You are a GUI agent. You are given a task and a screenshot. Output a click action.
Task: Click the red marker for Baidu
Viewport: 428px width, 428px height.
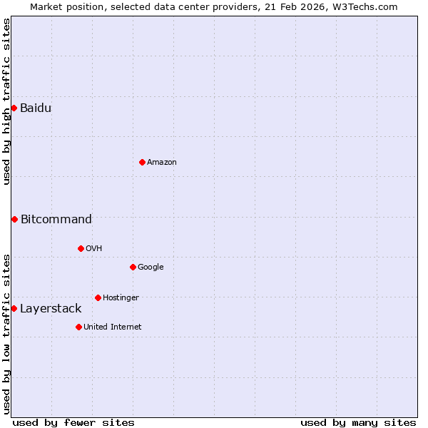(14, 108)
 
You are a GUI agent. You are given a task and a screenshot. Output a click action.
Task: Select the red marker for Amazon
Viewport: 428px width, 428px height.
(142, 162)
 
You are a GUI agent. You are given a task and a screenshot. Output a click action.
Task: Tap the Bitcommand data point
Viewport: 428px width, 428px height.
(14, 219)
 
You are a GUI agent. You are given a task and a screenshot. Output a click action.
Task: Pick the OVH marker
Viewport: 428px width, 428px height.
(81, 248)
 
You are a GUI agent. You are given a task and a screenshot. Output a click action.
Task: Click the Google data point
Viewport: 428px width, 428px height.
(133, 267)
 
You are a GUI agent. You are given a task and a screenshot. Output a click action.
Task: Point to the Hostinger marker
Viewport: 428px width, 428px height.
(98, 297)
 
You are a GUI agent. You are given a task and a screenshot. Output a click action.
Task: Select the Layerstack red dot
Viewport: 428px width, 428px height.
(14, 308)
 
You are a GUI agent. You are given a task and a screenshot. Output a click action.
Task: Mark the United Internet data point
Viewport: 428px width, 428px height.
(78, 327)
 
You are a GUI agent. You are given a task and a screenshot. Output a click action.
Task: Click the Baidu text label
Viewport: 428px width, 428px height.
(35, 108)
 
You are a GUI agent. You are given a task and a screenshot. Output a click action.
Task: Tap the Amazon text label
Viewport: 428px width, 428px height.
(162, 162)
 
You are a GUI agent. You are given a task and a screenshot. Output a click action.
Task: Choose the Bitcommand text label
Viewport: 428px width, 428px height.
(56, 219)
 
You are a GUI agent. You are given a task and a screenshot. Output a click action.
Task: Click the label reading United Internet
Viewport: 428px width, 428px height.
(112, 327)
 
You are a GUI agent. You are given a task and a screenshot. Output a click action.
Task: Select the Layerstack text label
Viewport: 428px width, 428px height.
(50, 308)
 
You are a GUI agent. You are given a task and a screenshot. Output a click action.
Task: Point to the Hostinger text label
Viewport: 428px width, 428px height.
(121, 297)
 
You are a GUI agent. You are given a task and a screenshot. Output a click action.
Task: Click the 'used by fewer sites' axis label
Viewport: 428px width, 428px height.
(73, 422)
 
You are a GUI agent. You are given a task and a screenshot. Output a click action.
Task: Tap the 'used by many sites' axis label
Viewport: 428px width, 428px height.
(358, 422)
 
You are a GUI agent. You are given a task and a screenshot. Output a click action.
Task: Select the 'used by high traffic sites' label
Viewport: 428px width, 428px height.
(6, 102)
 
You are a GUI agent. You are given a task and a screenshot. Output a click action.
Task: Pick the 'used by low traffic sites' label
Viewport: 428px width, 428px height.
(6, 333)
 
